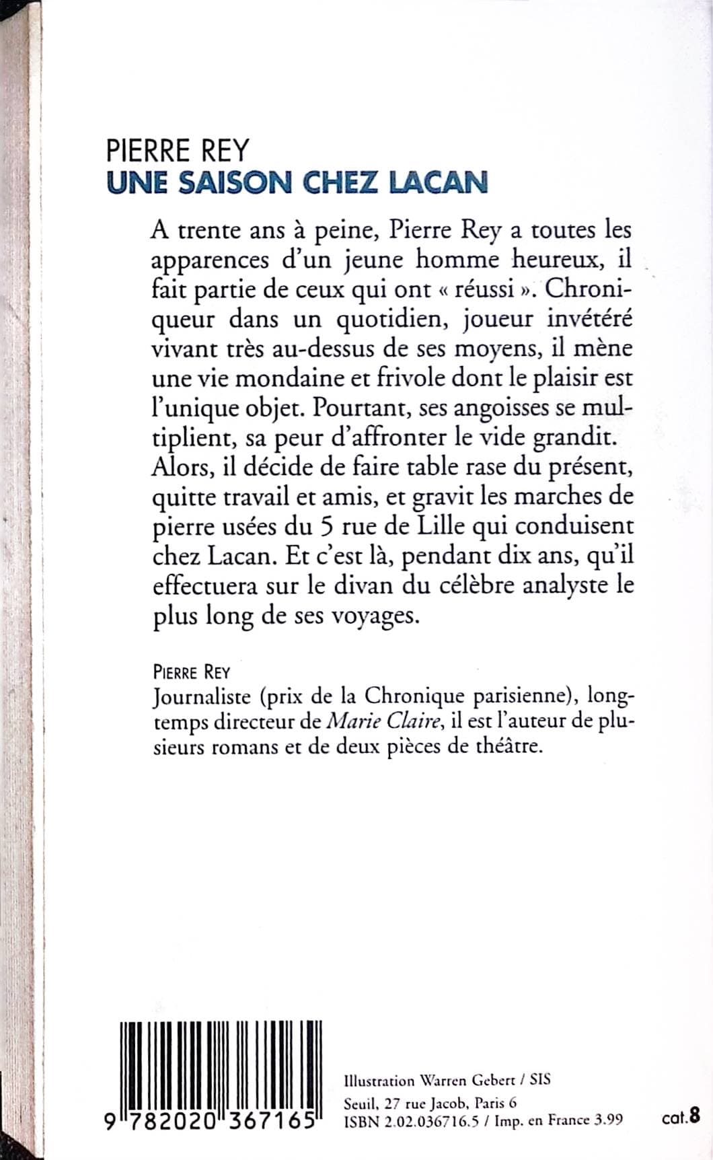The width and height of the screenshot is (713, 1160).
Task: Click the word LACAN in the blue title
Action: click(438, 183)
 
